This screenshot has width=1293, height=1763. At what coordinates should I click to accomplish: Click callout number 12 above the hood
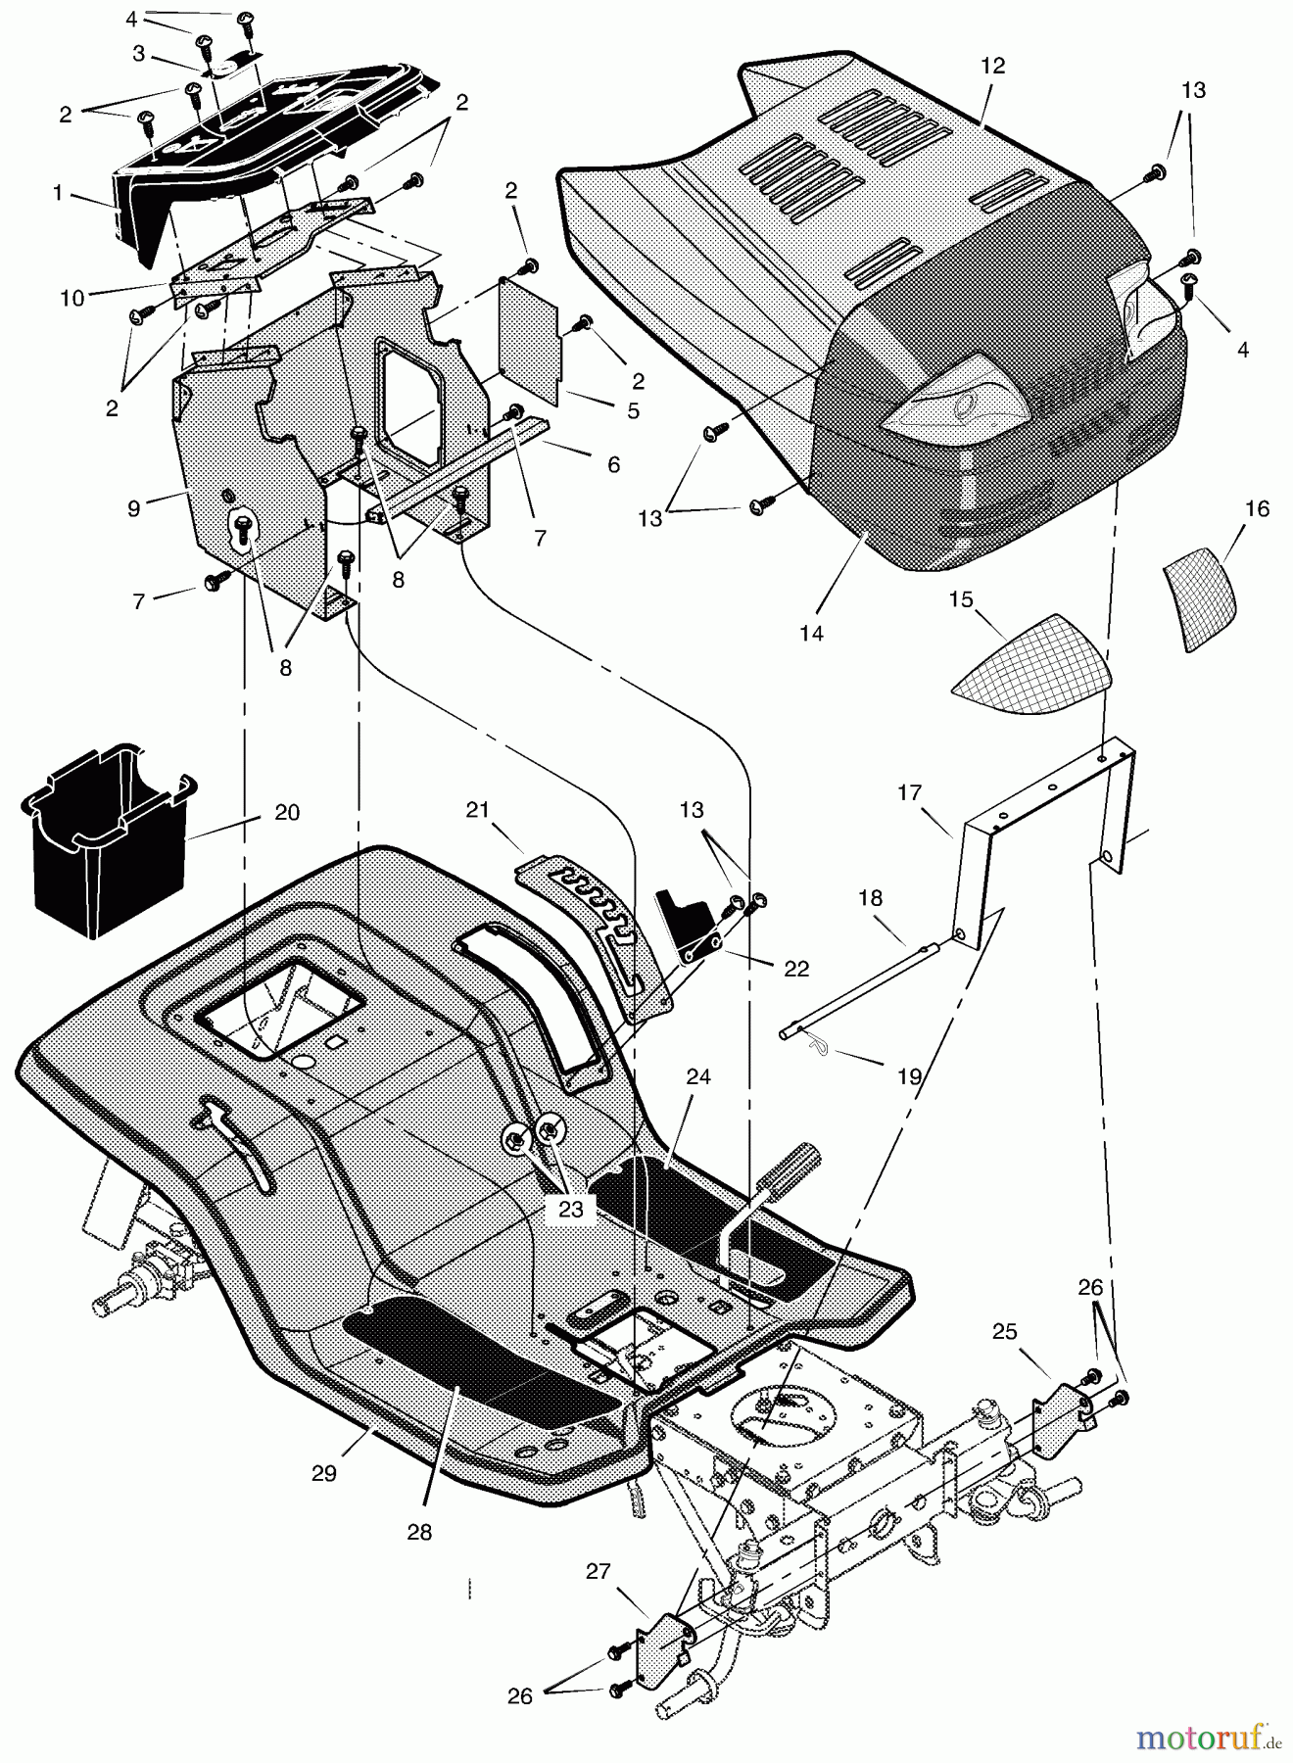point(992,67)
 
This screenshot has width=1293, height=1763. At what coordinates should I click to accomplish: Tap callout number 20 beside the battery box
point(286,813)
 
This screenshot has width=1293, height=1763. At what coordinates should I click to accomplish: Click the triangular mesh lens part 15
point(1033,668)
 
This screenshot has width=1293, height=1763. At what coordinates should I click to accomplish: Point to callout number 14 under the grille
point(811,633)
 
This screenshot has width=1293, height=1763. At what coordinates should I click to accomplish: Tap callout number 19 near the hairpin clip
point(910,1076)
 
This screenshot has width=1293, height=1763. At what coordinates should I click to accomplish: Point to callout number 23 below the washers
point(570,1210)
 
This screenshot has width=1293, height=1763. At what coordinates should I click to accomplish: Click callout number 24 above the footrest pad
point(698,1077)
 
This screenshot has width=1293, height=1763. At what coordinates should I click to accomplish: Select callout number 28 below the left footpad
point(419,1532)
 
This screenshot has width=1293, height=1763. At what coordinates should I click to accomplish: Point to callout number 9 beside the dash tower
point(133,507)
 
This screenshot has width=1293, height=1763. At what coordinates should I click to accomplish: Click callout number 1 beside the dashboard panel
point(58,194)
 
